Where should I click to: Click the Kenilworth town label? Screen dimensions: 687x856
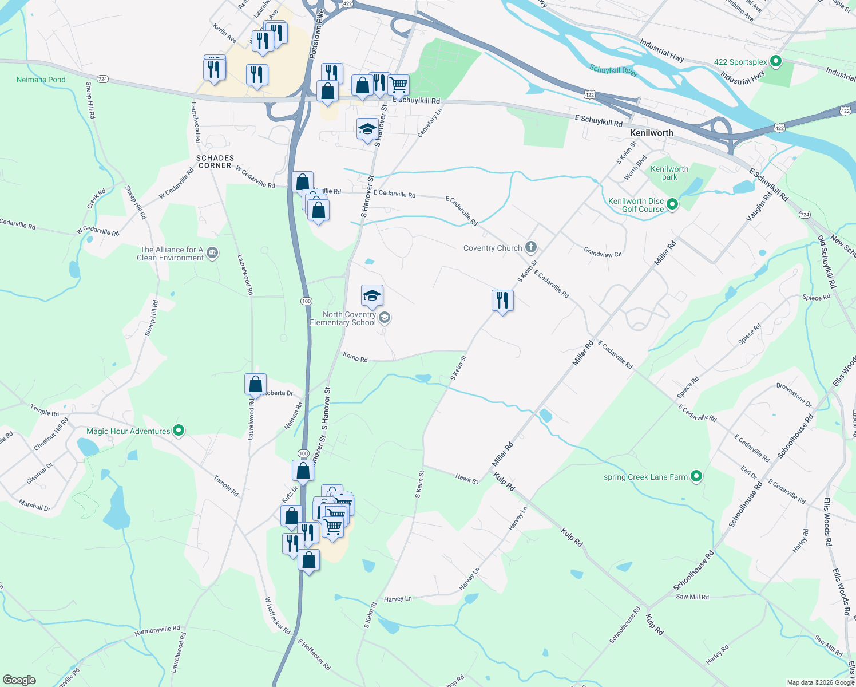click(651, 133)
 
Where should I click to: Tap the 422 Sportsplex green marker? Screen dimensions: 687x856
click(775, 61)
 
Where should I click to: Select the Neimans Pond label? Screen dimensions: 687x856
click(41, 80)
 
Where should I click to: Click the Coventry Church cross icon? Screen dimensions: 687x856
click(531, 247)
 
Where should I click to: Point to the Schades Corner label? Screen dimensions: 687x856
click(215, 161)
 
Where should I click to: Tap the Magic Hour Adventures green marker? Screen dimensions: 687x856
click(178, 431)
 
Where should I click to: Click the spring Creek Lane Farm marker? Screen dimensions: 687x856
click(696, 476)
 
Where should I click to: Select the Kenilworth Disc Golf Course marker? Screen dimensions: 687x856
click(672, 204)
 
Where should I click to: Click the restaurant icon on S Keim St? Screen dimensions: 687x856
click(502, 300)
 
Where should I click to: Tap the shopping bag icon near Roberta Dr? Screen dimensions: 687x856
click(255, 384)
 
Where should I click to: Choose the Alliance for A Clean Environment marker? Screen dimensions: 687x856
click(212, 253)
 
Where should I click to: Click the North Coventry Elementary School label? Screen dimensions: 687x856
click(343, 318)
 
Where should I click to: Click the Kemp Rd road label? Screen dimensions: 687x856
click(355, 357)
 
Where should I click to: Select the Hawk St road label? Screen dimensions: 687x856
click(466, 478)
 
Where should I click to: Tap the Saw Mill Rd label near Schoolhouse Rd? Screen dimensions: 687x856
click(692, 597)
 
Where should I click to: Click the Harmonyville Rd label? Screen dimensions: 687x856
click(157, 631)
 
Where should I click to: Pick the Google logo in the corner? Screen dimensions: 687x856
click(19, 680)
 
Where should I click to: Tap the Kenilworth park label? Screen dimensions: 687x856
click(669, 173)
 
